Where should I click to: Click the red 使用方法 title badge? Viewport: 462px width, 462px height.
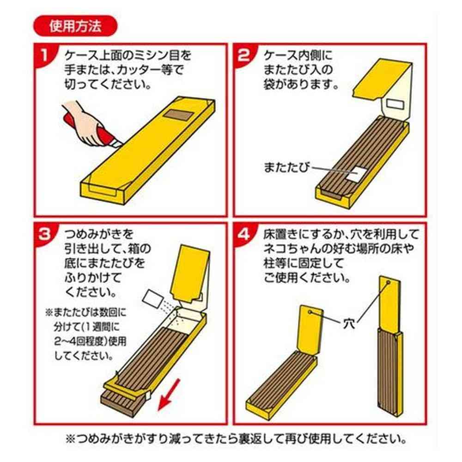[75, 26]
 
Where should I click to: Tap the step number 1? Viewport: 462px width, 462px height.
[44, 55]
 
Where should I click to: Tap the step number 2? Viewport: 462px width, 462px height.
[243, 55]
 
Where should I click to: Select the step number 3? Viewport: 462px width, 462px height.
[45, 234]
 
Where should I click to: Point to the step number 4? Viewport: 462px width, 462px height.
[243, 234]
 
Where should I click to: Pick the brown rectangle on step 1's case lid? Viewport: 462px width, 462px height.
[178, 115]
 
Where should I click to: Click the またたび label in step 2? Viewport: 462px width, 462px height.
[287, 167]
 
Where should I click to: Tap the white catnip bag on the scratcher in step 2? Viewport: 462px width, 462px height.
[356, 174]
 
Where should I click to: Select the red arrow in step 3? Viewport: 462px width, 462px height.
[169, 395]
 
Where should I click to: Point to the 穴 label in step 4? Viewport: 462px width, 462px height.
[349, 324]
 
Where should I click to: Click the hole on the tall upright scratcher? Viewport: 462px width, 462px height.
[389, 282]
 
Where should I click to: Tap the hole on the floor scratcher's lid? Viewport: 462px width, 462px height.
[310, 312]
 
